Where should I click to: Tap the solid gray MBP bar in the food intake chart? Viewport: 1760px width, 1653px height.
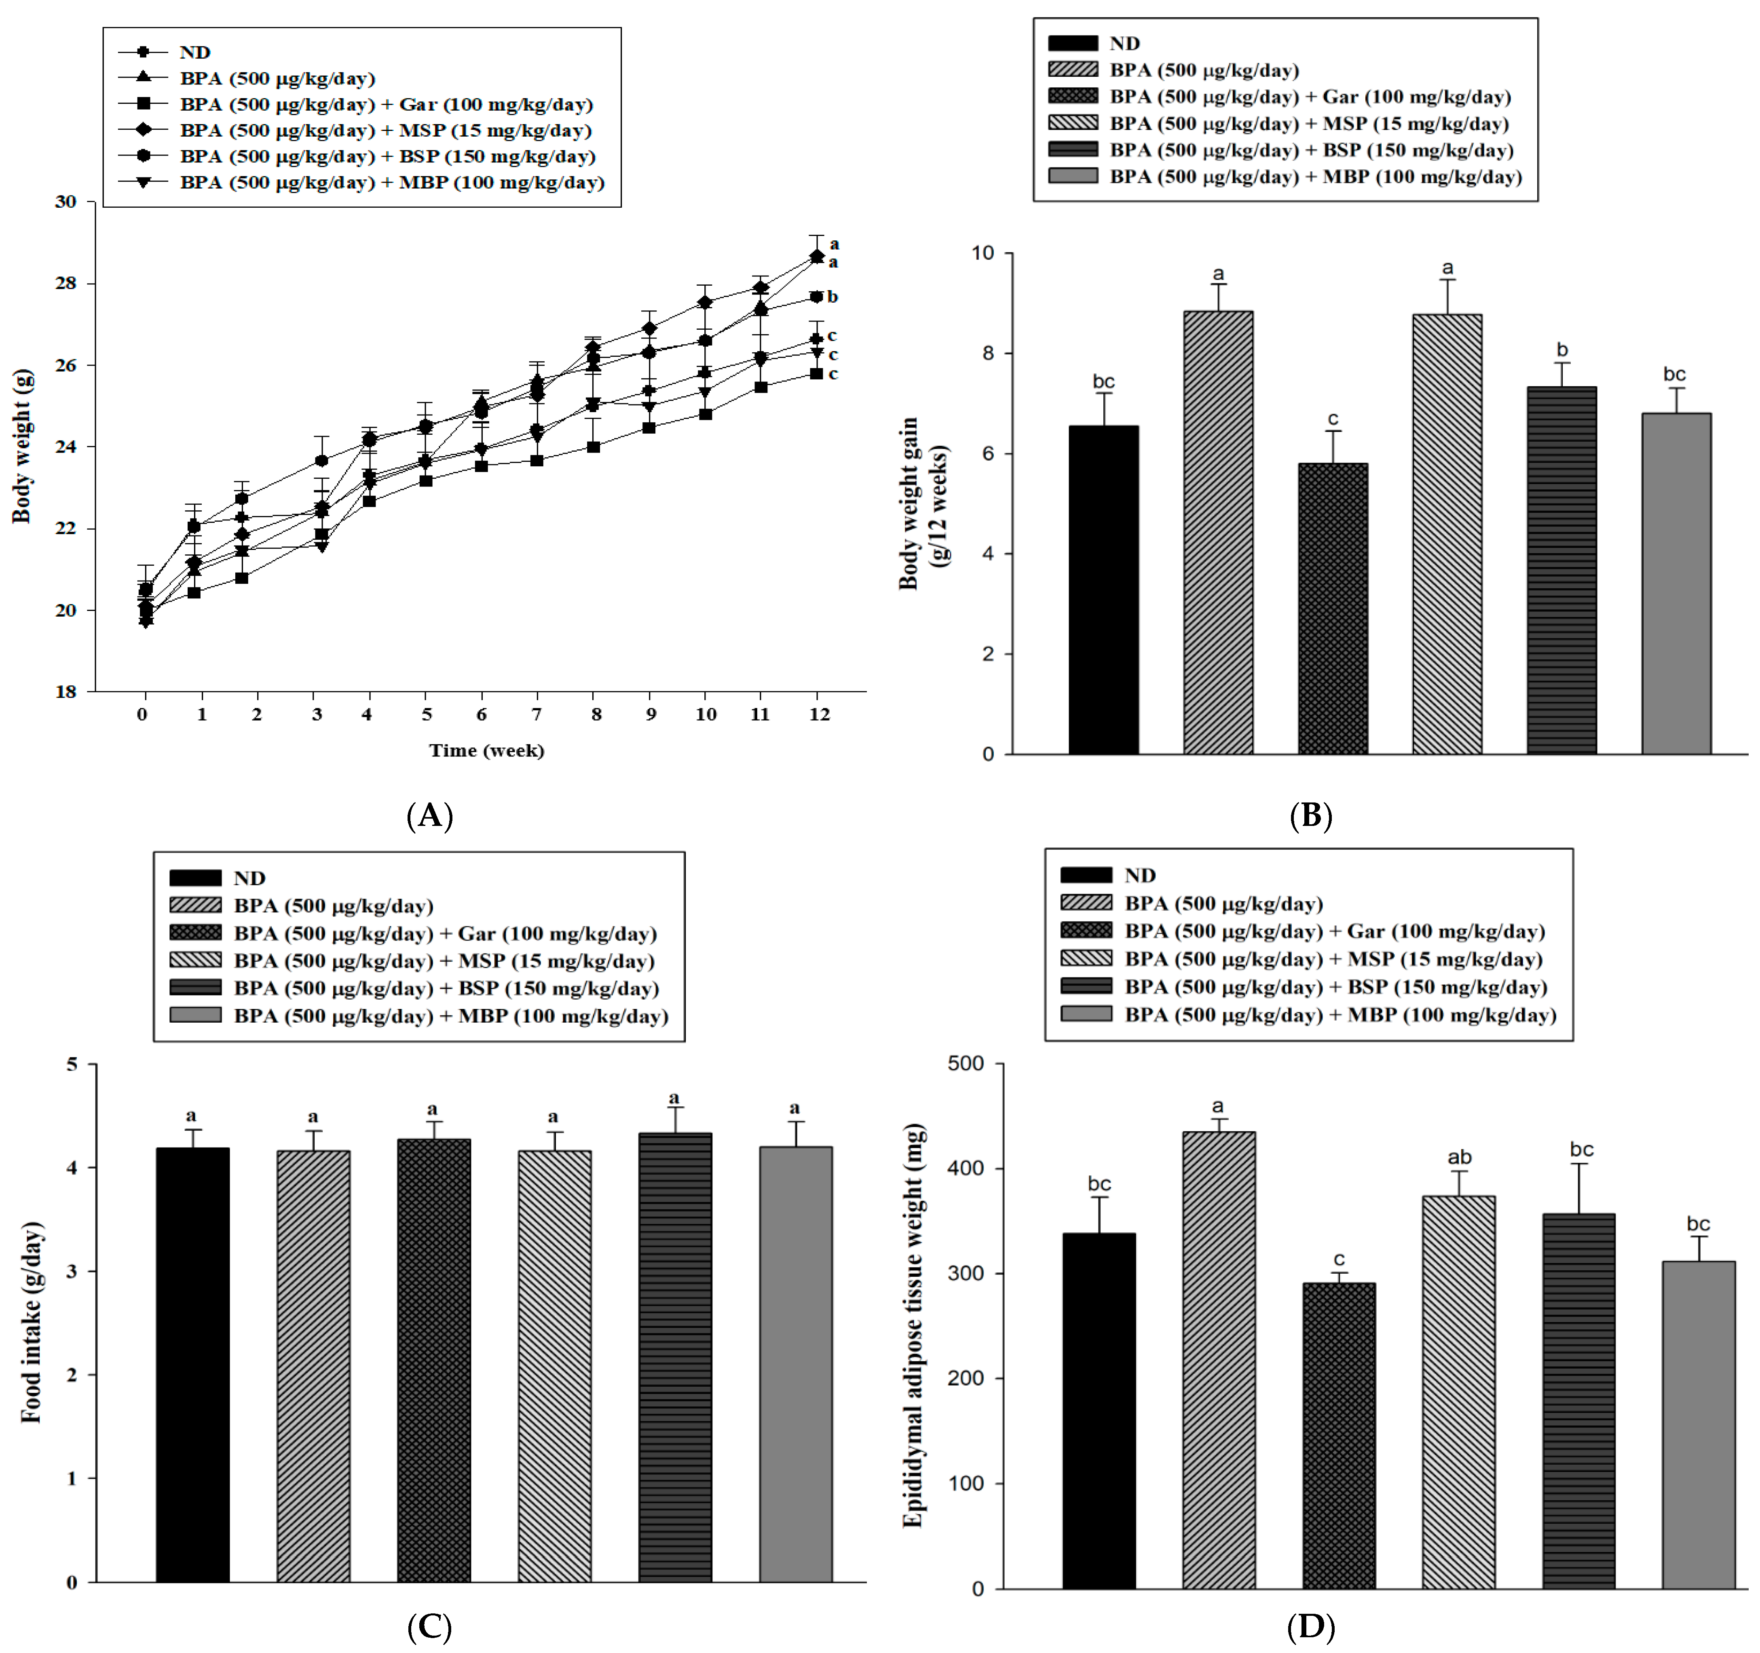click(795, 1367)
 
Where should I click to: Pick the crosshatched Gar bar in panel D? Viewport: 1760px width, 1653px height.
click(1339, 1438)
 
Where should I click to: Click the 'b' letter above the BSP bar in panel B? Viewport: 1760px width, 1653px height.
click(1562, 350)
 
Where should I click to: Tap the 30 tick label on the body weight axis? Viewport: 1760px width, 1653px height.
click(65, 202)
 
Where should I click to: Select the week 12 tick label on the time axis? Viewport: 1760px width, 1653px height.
click(819, 714)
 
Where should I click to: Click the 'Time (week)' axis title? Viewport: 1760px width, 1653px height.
click(486, 750)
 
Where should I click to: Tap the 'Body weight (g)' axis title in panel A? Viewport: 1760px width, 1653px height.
click(22, 446)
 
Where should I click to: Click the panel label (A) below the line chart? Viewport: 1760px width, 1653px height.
click(429, 815)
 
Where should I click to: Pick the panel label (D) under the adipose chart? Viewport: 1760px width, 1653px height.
click(1310, 1626)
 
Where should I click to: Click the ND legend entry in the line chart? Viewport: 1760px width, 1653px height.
click(194, 52)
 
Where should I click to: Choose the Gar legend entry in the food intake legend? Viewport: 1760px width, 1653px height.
click(444, 933)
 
